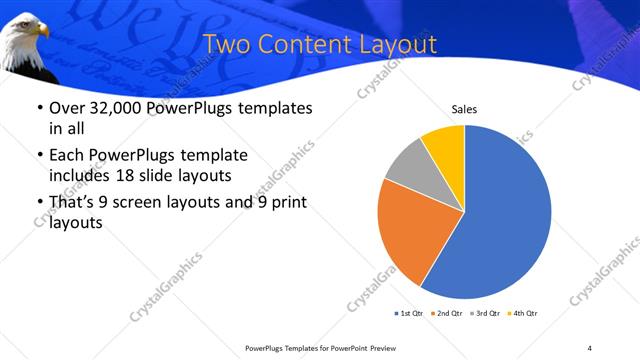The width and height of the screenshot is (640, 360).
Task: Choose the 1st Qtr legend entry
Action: (x=410, y=313)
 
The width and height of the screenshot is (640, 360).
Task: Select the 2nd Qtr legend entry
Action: (x=448, y=313)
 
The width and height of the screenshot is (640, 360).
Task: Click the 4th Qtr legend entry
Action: (x=524, y=313)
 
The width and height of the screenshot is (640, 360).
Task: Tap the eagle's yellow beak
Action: (x=43, y=33)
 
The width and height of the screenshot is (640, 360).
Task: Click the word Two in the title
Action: (x=226, y=45)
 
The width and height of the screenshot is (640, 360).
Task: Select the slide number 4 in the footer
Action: (x=590, y=348)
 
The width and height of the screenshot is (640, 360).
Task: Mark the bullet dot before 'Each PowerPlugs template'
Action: (x=38, y=156)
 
